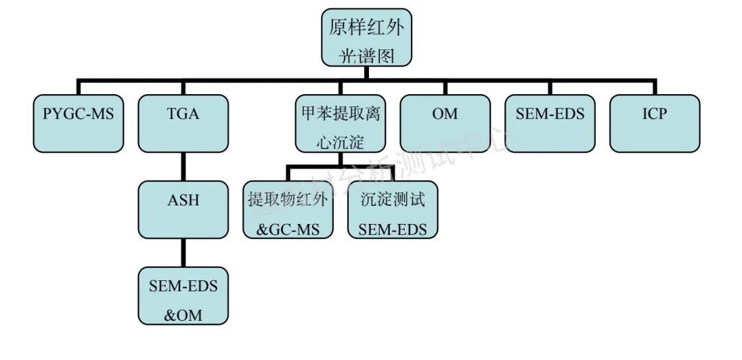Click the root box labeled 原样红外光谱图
[367, 38]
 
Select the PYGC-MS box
[79, 123]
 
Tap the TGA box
[183, 123]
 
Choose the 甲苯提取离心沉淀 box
[340, 123]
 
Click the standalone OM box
[445, 123]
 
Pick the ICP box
[655, 123]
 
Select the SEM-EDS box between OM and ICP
[550, 123]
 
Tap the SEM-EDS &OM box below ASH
[183, 295]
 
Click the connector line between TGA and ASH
[183, 166]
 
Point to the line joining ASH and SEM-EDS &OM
[183, 253]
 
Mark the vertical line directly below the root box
[367, 74]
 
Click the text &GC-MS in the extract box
[288, 229]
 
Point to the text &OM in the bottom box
[183, 315]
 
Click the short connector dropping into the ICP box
[655, 87]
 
